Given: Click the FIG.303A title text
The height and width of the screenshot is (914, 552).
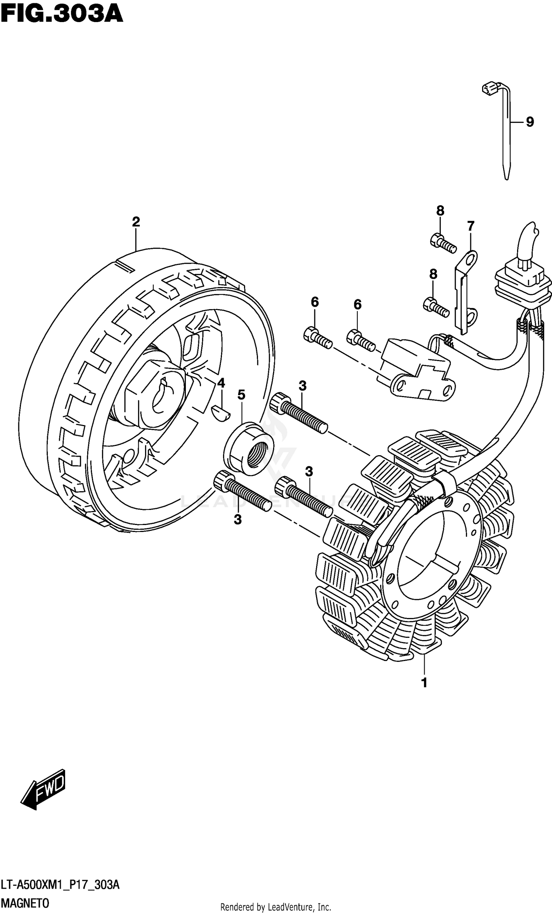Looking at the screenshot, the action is (61, 14).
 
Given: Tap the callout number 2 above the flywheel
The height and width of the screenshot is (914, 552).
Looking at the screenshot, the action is (136, 222).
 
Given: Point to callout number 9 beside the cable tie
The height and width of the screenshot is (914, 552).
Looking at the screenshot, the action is (530, 122).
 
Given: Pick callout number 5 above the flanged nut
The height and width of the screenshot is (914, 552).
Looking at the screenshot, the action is (241, 395).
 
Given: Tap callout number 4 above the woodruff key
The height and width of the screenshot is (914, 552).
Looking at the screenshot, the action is (221, 383).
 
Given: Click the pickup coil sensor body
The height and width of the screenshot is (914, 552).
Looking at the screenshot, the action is (416, 369).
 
